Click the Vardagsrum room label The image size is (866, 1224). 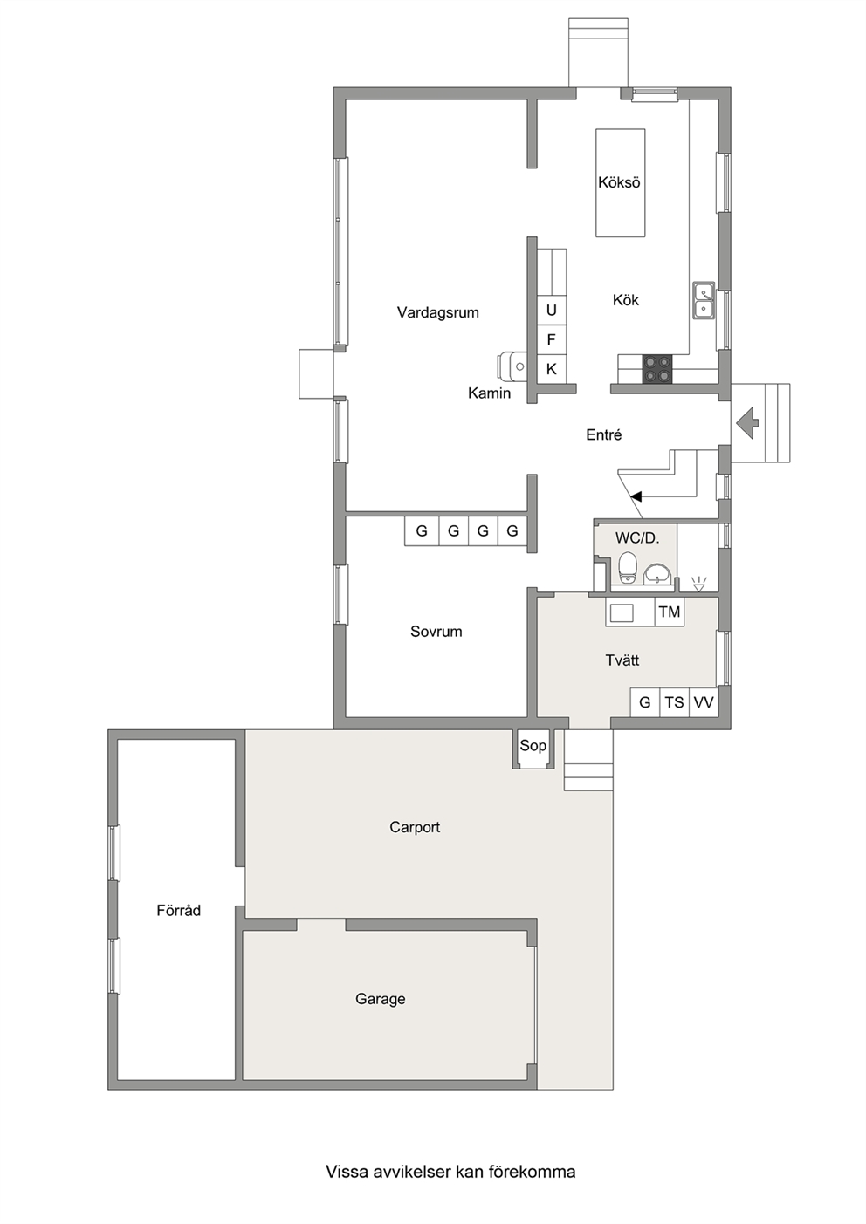438,312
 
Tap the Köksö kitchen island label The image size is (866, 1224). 619,182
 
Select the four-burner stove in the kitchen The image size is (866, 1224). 657,369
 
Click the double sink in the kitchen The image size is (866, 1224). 703,301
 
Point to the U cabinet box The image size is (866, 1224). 552,311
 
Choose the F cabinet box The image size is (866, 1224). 552,340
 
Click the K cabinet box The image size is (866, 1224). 552,369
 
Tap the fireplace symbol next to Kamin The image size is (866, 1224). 512,366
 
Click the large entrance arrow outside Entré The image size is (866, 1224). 747,423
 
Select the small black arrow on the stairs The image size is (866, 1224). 636,496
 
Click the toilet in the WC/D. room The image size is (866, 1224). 627,568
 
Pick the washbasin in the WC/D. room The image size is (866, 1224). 656,574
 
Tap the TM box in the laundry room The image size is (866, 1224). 670,612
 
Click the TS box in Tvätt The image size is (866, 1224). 675,702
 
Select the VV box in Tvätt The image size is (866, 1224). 704,702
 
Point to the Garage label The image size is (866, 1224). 381,999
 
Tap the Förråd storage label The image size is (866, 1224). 179,910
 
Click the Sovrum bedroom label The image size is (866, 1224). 436,632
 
